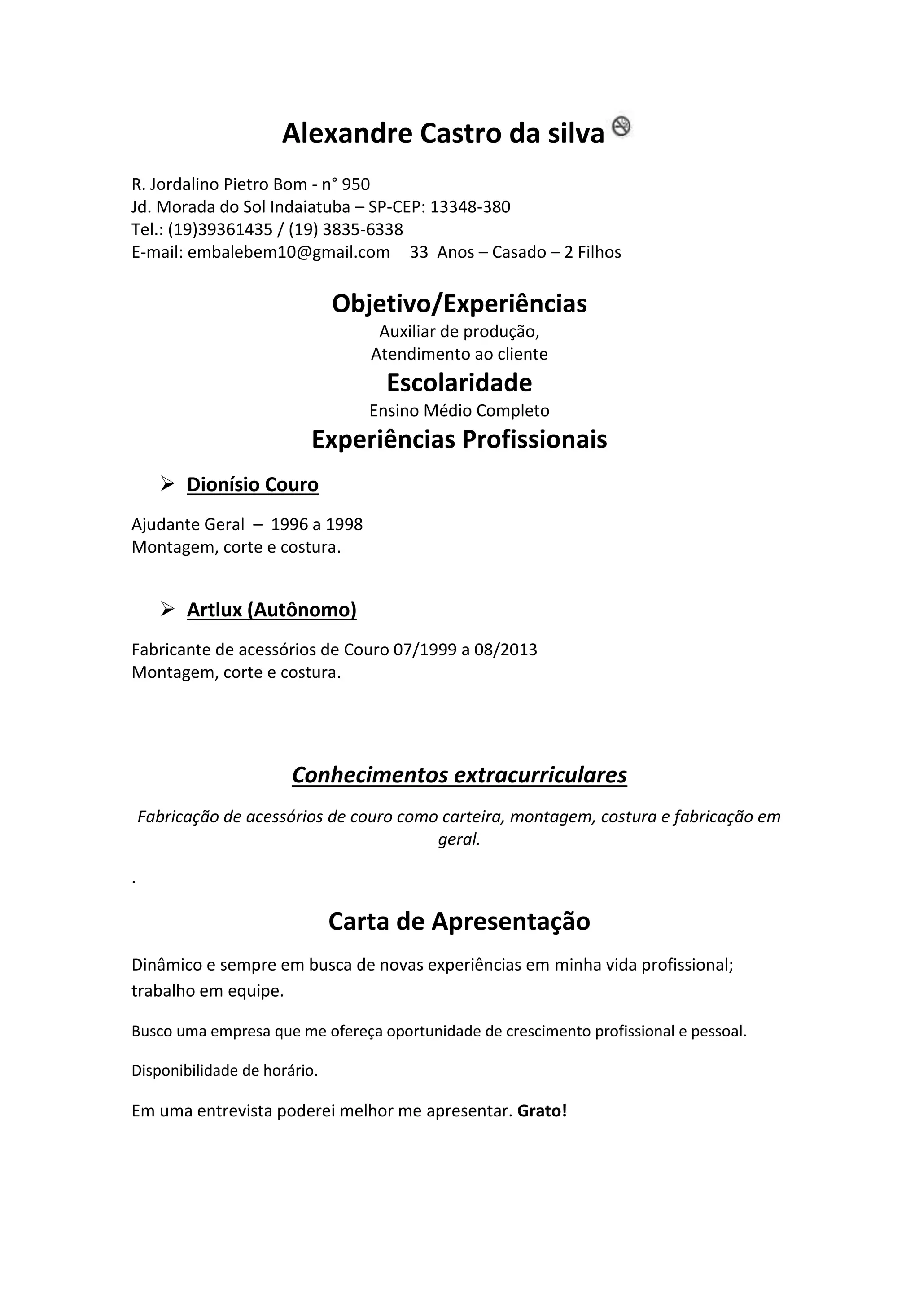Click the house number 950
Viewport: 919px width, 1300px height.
[356, 184]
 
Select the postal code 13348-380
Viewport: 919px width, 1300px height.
[470, 207]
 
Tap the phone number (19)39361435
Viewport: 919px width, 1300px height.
[220, 230]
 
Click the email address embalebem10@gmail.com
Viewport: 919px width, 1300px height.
[289, 253]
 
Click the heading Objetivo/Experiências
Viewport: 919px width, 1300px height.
[459, 304]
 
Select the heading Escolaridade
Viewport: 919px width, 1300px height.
[459, 383]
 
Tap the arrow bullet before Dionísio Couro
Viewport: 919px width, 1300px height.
[167, 483]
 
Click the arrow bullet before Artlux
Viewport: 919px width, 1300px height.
[167, 609]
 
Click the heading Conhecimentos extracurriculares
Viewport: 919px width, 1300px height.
[459, 775]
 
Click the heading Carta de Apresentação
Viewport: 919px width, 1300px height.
[459, 922]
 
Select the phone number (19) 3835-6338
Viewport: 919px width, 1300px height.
[346, 230]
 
